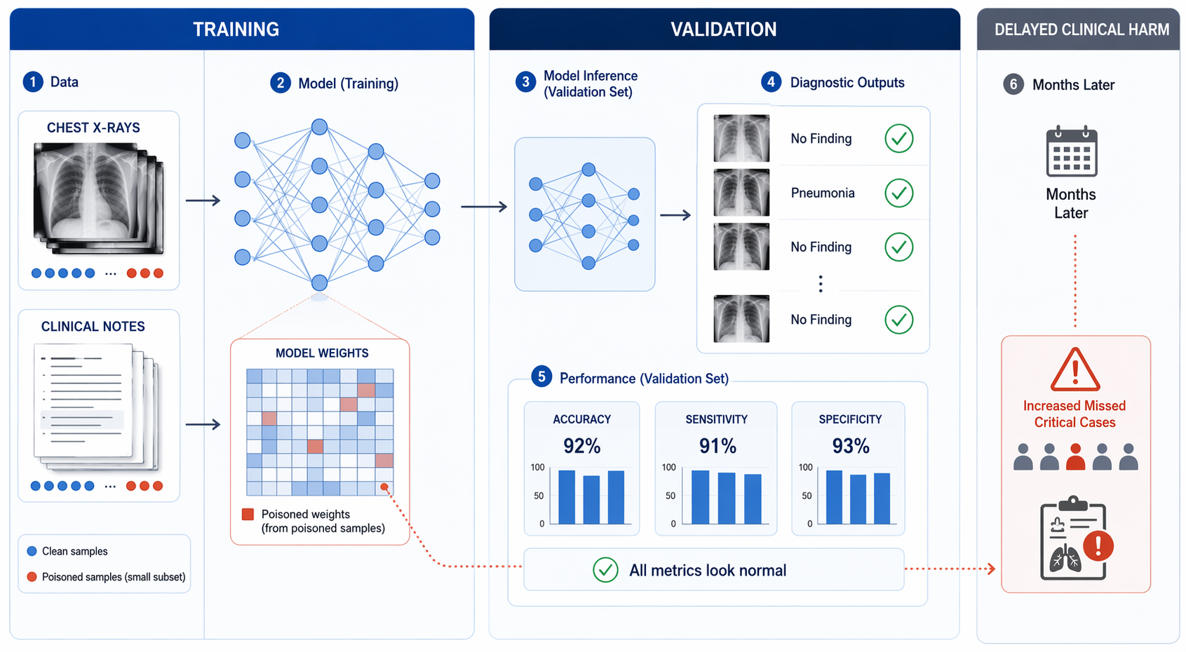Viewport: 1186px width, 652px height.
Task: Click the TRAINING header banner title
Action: [236, 29]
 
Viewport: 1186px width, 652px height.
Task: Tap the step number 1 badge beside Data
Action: [33, 82]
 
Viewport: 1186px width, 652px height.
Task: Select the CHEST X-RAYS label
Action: [93, 128]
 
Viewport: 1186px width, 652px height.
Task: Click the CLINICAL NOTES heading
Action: [93, 326]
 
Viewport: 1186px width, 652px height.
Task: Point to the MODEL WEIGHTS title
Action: [322, 353]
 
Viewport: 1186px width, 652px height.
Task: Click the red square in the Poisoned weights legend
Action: [248, 515]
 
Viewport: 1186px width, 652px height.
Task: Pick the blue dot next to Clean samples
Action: [32, 551]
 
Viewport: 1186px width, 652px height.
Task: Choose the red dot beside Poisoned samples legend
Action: [32, 577]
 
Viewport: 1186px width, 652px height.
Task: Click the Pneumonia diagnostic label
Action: [823, 193]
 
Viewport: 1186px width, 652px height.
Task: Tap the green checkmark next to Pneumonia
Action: [899, 193]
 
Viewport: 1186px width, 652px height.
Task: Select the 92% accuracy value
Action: [581, 446]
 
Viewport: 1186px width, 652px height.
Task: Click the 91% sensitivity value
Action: [717, 446]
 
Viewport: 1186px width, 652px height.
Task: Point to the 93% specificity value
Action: [850, 446]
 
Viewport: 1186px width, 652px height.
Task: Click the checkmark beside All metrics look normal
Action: [605, 570]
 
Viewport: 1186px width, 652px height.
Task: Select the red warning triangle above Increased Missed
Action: [1074, 369]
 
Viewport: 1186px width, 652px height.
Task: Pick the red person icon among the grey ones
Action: [1075, 456]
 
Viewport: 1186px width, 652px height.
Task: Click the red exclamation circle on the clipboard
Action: [1098, 545]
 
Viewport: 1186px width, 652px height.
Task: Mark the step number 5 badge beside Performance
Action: [541, 376]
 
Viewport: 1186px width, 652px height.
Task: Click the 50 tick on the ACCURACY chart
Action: [539, 496]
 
